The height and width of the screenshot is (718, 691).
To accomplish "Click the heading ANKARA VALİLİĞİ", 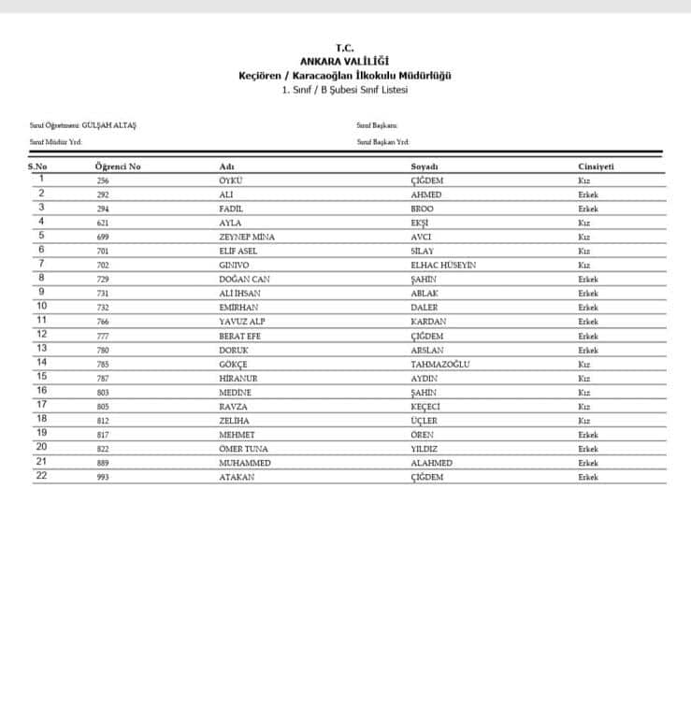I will [344, 61].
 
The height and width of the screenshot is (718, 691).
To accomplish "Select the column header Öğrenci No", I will [118, 166].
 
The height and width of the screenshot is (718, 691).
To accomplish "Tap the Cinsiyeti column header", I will [596, 166].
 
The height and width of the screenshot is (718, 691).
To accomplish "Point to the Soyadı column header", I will [425, 166].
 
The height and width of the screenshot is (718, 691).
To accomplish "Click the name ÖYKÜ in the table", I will [230, 179].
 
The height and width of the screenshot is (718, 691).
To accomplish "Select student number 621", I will [103, 223].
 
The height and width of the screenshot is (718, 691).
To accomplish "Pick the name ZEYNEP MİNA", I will [247, 237].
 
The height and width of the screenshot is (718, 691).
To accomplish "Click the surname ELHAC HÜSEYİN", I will [443, 265].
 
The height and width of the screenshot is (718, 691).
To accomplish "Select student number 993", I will [103, 477].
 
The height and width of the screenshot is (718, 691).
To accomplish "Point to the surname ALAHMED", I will [431, 463].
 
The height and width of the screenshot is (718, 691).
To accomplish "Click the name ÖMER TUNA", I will [243, 449].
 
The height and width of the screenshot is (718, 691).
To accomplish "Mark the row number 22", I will [41, 476].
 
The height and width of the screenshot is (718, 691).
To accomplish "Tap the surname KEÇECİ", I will [427, 407].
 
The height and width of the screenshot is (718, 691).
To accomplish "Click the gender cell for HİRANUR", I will [584, 378].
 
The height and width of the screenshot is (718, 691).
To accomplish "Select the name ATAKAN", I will [237, 477].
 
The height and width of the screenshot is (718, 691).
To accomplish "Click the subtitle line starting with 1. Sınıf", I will [344, 89].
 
